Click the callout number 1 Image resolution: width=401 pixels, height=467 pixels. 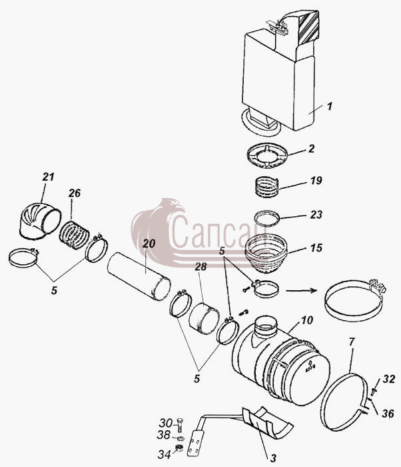[x=329, y=106]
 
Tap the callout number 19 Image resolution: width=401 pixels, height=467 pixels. [x=316, y=181]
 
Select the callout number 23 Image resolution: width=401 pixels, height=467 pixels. [x=316, y=214]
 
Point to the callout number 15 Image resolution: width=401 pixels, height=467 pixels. [x=316, y=248]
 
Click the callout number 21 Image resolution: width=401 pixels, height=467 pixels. [x=48, y=177]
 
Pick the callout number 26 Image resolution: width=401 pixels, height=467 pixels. [x=75, y=193]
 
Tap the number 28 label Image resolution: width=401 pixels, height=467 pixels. [x=200, y=267]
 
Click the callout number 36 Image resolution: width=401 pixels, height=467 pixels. [x=388, y=413]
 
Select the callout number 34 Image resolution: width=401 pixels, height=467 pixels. [x=164, y=454]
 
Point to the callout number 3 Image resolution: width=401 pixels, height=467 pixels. [x=273, y=458]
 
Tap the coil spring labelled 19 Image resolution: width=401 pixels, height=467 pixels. [x=267, y=186]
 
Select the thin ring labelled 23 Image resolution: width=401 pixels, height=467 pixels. [x=267, y=218]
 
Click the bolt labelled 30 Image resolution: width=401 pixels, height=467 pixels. [x=180, y=426]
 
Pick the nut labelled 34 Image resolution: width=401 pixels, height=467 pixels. [x=179, y=448]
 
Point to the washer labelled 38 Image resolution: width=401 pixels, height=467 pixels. [x=180, y=438]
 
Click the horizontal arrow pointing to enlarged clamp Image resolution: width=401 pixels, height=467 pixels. [x=301, y=290]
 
